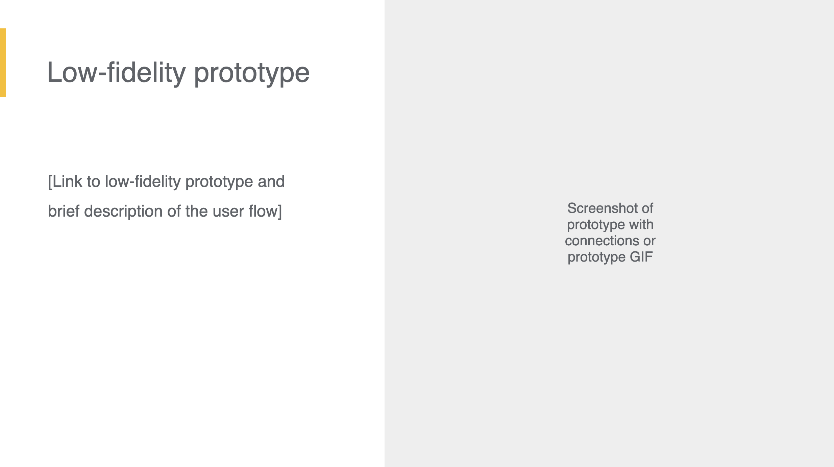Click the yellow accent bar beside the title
[3, 63]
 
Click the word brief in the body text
[64, 211]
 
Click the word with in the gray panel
[641, 224]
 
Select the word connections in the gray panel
[602, 241]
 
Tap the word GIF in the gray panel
[641, 257]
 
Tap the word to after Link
[94, 182]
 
